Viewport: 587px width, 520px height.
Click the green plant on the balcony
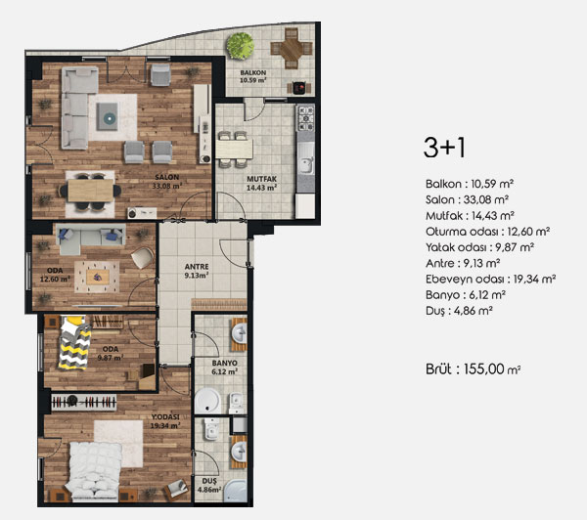[240, 46]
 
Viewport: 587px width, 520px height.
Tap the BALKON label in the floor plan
[253, 72]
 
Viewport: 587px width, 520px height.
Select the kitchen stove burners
[306, 118]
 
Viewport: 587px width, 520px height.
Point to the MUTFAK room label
[261, 179]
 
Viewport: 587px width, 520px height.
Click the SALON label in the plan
[167, 177]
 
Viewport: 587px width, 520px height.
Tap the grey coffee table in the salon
[108, 116]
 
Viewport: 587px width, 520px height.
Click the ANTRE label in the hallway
[197, 267]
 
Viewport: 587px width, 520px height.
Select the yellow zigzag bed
[74, 342]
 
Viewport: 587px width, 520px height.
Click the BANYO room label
[225, 363]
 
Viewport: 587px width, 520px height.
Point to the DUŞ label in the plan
[209, 481]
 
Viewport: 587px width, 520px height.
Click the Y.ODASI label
[165, 416]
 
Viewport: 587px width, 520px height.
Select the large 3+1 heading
[444, 148]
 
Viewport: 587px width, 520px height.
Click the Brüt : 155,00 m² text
[474, 369]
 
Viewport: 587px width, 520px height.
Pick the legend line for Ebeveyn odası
[490, 280]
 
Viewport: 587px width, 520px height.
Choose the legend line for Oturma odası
[487, 232]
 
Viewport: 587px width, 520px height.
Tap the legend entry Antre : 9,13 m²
[463, 263]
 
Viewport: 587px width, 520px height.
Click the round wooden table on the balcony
[292, 49]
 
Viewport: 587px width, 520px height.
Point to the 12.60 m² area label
[55, 279]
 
